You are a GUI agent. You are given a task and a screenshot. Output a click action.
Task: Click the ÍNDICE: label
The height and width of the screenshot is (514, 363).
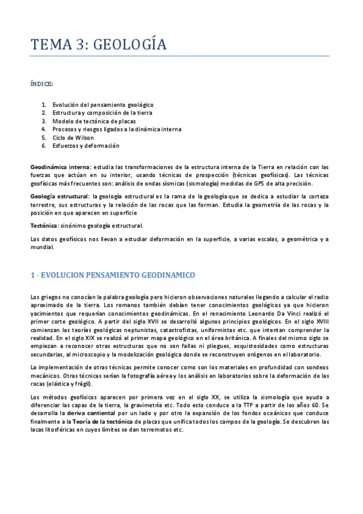(x=41, y=83)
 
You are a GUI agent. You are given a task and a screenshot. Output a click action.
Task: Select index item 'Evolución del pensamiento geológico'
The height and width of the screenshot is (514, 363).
(x=103, y=105)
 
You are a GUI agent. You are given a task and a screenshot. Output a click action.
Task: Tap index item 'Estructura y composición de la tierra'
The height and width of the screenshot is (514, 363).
(x=102, y=113)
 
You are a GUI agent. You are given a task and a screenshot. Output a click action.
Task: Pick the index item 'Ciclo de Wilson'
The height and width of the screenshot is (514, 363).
(x=73, y=138)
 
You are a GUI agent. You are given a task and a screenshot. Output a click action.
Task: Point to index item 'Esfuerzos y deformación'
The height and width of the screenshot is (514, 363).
(x=86, y=145)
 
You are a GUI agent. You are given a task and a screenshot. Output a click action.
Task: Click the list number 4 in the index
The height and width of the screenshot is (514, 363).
(x=44, y=129)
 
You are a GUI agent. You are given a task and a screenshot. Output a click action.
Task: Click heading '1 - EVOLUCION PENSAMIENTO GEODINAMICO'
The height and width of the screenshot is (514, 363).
(x=113, y=275)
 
